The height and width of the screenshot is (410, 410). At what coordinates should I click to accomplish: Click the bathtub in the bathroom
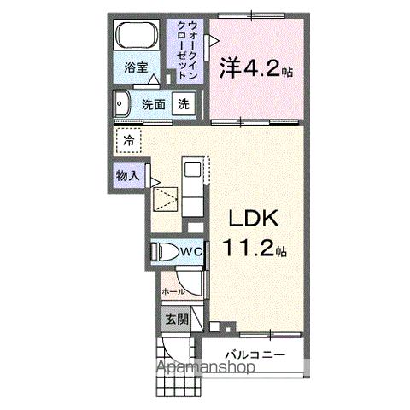coord(138,35)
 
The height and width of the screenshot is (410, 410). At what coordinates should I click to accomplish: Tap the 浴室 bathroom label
coord(136,67)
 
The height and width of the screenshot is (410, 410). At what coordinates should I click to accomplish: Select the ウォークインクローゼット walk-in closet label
coord(187,51)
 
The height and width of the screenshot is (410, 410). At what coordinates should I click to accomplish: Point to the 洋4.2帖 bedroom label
coord(256,68)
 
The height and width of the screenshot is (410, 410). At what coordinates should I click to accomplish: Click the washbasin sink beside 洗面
coord(121,103)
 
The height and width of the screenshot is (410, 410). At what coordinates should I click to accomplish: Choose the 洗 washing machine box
coord(184,104)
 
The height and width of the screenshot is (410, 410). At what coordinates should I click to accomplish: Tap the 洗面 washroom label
coord(154,105)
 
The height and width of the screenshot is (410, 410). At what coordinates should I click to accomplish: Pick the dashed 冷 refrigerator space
coord(129,140)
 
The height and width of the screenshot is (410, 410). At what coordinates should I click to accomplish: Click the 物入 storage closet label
coord(127,176)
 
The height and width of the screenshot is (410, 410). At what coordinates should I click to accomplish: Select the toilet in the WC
coord(163,252)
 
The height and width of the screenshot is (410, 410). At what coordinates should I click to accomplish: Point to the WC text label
coord(192,252)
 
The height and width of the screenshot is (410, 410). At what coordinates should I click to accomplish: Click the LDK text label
coord(254,219)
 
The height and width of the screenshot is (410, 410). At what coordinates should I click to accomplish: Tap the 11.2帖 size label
coord(255,247)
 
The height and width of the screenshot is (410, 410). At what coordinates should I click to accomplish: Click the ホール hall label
coord(173,291)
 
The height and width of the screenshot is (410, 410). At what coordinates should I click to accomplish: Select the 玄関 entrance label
coord(177,319)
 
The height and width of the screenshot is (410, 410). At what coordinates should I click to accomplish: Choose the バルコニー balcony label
coord(255,355)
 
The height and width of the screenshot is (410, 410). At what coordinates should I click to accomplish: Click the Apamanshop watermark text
coord(206,367)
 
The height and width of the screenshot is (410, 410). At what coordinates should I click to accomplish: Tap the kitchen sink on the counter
coord(193,170)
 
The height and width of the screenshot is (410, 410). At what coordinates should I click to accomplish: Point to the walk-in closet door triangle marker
coord(214,41)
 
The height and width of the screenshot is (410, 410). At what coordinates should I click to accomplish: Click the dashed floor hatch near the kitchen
coord(166,199)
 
